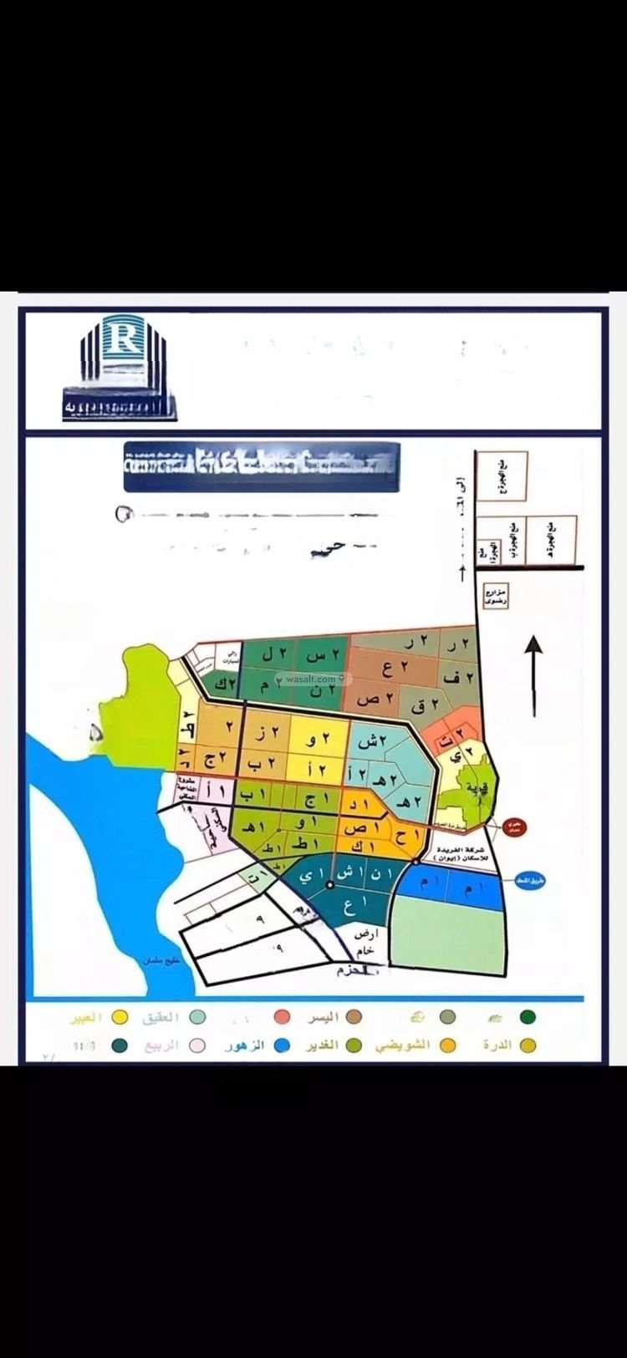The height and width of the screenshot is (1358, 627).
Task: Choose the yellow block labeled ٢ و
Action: pos(316,740)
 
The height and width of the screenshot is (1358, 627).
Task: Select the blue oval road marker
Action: pos(531,882)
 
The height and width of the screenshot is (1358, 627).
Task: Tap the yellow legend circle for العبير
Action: pos(120,1017)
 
